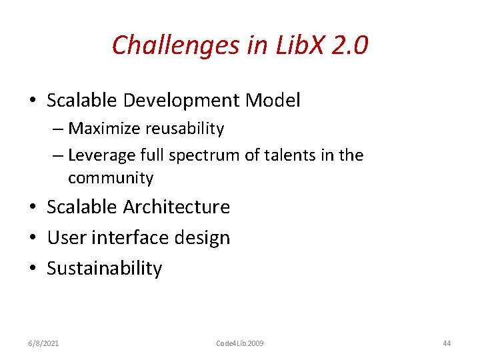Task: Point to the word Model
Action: coord(273,101)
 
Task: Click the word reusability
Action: coord(188,128)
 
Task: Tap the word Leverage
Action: coord(101,155)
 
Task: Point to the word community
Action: coord(111,178)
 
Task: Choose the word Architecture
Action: coord(176,207)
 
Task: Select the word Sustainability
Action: coord(104,269)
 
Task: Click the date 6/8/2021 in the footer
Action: coord(43,343)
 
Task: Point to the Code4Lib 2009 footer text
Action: coord(240,343)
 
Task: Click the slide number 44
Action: coord(447,343)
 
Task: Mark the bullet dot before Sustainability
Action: coord(33,269)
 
